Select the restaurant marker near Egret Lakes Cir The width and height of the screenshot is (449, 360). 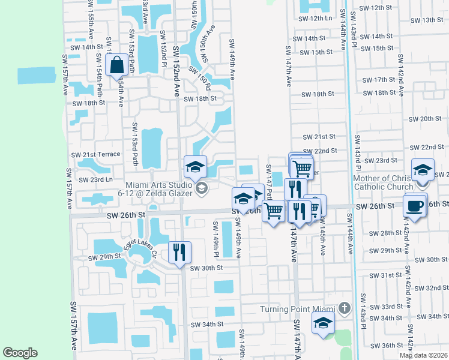point(178,253)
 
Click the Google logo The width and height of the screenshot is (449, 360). point(20,352)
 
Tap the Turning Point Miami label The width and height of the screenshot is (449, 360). point(297,309)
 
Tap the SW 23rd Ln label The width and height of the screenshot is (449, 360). point(93,179)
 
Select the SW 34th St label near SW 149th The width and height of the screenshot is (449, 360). point(207,324)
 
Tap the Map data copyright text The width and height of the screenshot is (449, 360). point(423,355)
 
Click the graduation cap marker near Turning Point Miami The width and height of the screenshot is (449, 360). point(323,325)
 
